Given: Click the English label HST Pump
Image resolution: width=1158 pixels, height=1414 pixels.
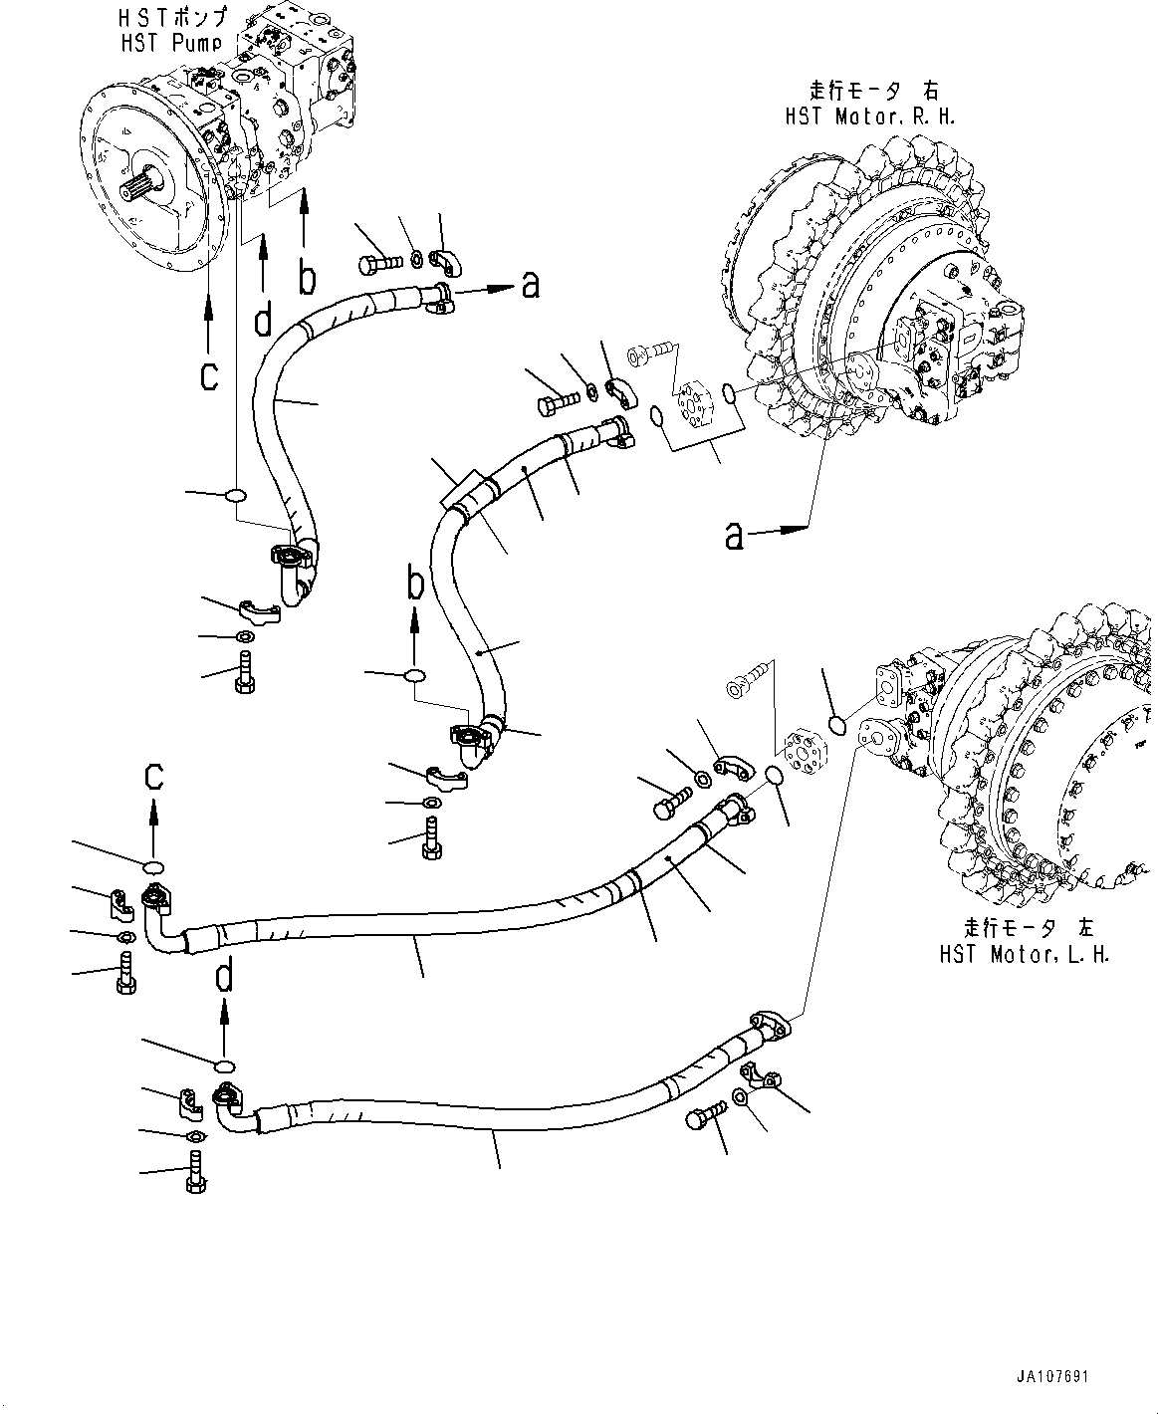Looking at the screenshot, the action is (x=171, y=43).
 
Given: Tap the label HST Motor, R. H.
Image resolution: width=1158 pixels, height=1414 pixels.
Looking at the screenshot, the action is (x=869, y=117).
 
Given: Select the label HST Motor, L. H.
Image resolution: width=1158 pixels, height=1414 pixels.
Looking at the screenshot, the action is (x=1024, y=954).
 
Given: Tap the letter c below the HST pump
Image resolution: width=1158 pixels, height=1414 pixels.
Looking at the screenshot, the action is (x=209, y=376).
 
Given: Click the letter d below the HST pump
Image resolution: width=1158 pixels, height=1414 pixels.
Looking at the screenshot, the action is (x=263, y=319).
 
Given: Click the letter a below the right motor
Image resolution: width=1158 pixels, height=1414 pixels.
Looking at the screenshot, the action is (x=735, y=537).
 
